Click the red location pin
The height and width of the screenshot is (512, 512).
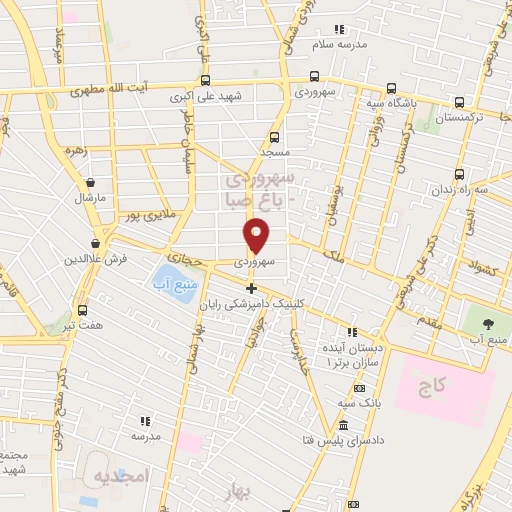point(257,235)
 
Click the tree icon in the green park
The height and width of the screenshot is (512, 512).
point(488,323)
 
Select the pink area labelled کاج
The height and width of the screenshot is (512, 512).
point(444,385)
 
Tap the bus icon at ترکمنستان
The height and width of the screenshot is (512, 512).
point(459,102)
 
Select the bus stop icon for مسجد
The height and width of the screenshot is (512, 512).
point(274,138)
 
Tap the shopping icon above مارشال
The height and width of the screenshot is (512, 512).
point(92,183)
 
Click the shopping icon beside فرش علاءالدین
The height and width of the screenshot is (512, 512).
point(96,243)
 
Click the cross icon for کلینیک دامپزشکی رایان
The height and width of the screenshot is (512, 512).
point(251,289)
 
